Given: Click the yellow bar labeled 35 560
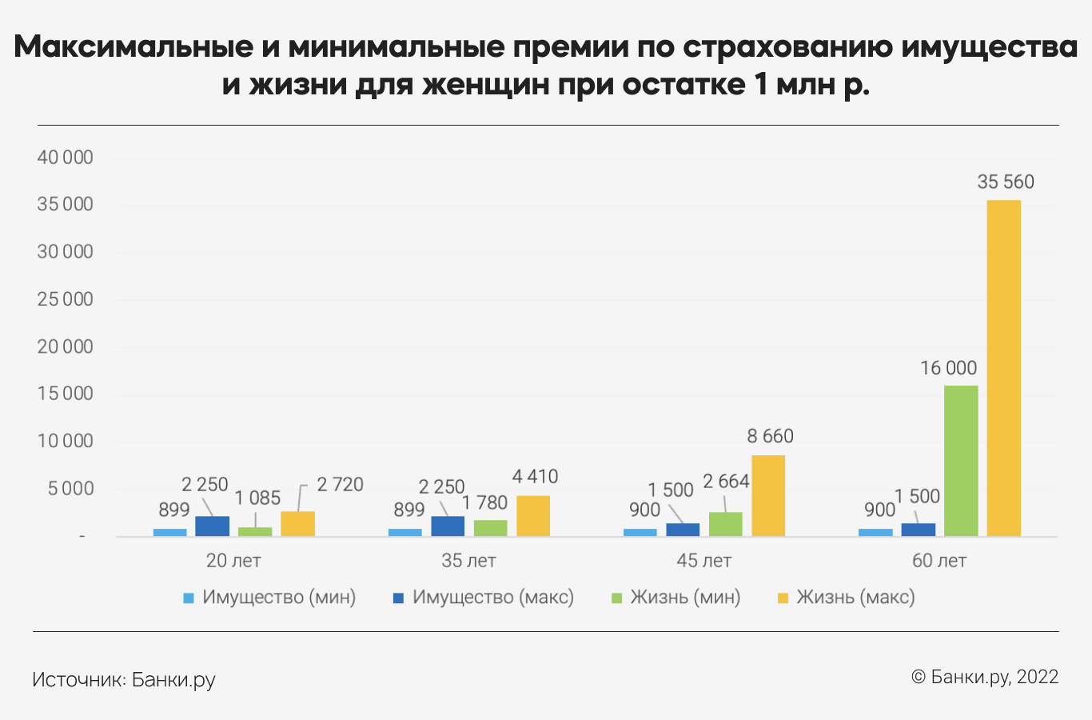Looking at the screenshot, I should pyautogui.click(x=1003, y=368).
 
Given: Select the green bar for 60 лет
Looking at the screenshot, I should pyautogui.click(x=961, y=461).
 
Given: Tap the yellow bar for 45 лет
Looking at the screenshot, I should pyautogui.click(x=768, y=496).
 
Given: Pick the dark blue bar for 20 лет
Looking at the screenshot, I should pyautogui.click(x=213, y=526).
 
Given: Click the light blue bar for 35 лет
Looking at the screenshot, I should pyautogui.click(x=405, y=532).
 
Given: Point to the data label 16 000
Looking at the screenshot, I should pyautogui.click(x=948, y=368).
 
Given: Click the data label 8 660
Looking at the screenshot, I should pyautogui.click(x=770, y=436).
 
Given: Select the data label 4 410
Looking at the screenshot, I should pyautogui.click(x=535, y=477).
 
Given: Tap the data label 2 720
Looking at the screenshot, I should pyautogui.click(x=340, y=485).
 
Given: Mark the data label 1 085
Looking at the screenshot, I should pyautogui.click(x=257, y=498).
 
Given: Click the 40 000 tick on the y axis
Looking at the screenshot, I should pyautogui.click(x=66, y=158).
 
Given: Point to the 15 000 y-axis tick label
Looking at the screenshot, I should pyautogui.click(x=66, y=394).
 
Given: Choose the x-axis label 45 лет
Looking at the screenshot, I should pyautogui.click(x=703, y=561).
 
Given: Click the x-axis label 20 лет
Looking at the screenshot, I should pyautogui.click(x=233, y=561).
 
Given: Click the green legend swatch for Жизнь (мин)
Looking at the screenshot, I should pyautogui.click(x=616, y=598).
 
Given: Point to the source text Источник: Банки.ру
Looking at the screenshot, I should pyautogui.click(x=124, y=680).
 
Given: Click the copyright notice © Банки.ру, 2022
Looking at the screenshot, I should pyautogui.click(x=985, y=677).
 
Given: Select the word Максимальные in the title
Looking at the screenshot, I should pyautogui.click(x=132, y=48).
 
